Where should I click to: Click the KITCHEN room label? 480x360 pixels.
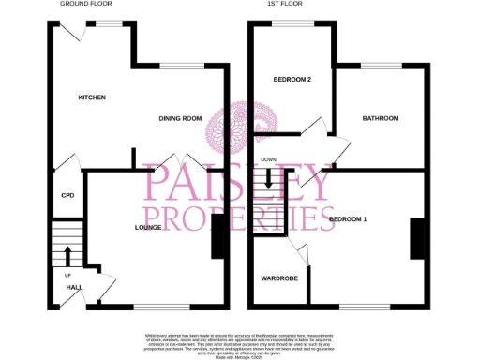pos(92,97)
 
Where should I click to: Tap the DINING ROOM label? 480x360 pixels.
pos(180,118)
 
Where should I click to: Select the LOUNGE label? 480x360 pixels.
pos(151,227)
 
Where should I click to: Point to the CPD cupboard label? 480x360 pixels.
pos(67,196)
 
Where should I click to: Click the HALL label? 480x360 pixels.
pos(61,286)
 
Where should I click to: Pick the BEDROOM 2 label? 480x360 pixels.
pos(292,79)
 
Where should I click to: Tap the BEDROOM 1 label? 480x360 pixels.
pos(348,219)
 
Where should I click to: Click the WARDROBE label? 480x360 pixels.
pos(278,278)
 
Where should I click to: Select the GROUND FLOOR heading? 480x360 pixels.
pos(85,4)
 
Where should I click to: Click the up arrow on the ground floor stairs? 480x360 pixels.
pos(67,254)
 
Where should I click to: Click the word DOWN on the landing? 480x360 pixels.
pos(269,159)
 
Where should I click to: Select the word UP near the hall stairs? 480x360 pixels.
pos(67,276)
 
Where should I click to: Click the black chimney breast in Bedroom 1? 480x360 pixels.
pos(416,237)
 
